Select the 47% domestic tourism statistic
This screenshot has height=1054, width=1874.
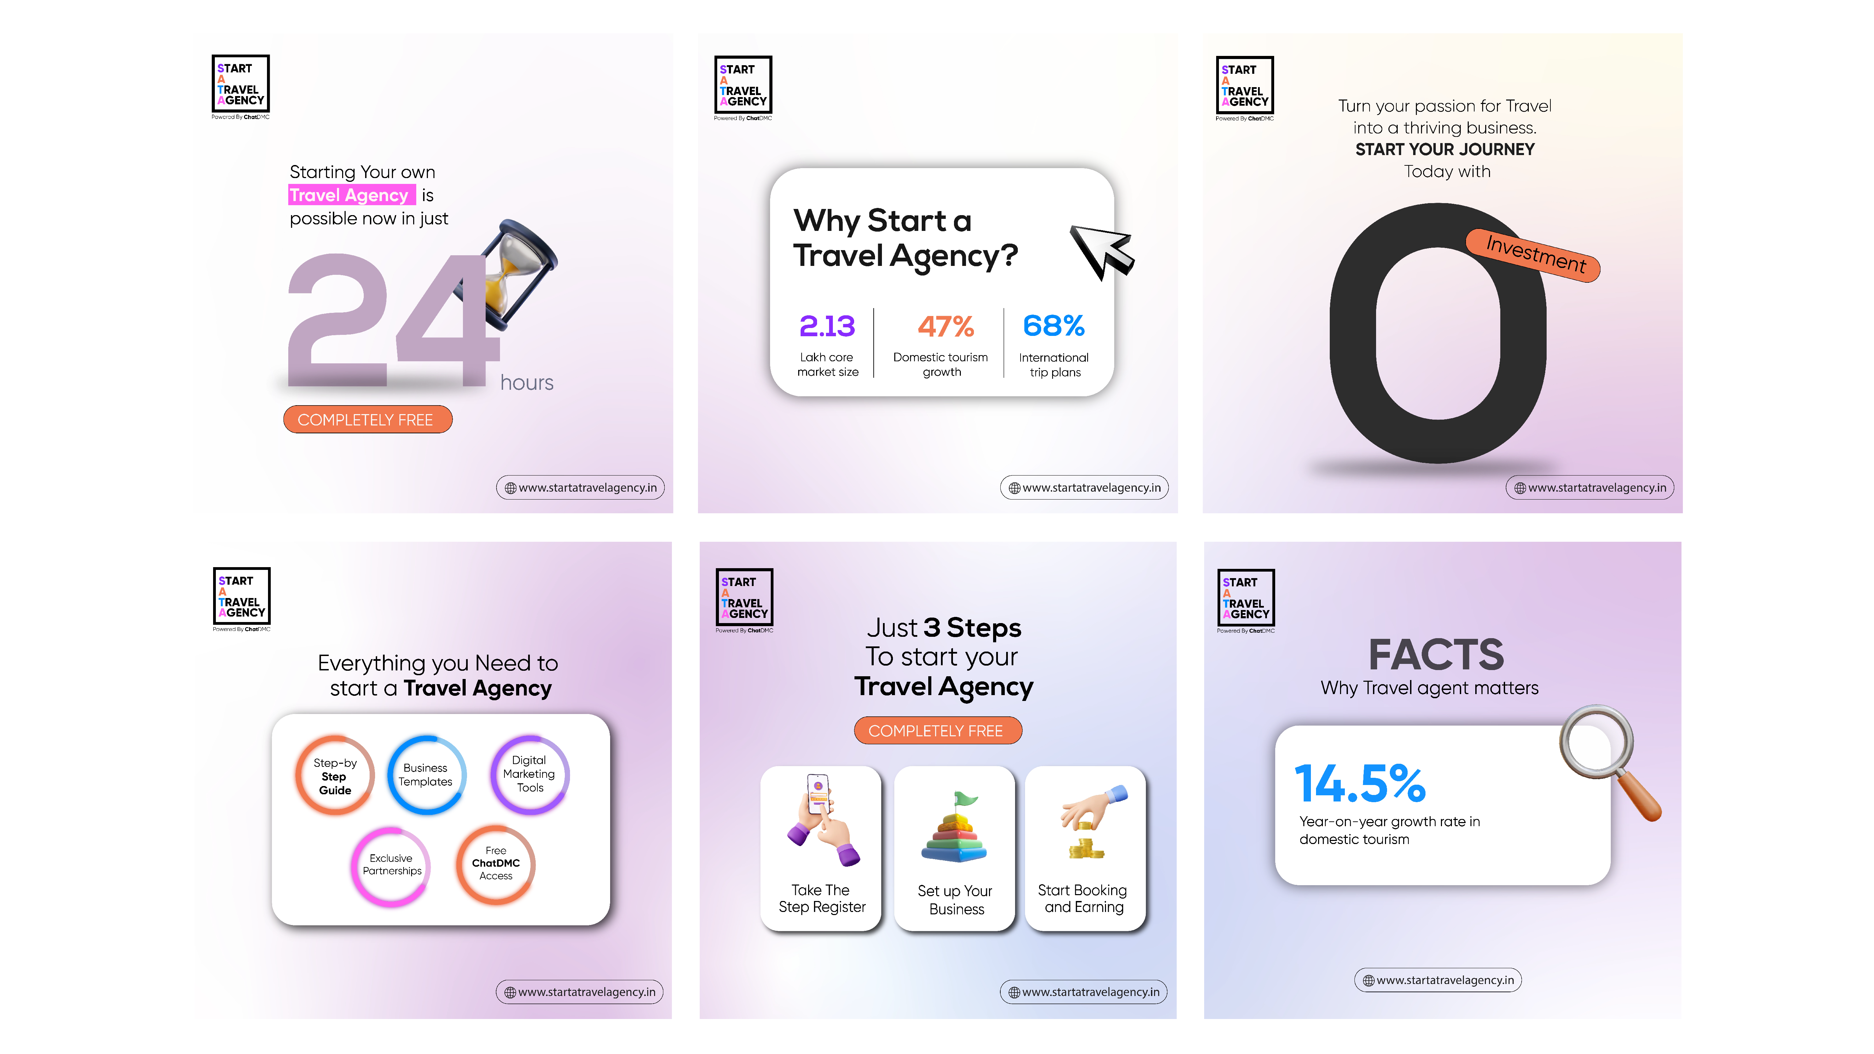click(x=945, y=327)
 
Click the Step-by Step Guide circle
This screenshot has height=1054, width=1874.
click(x=335, y=775)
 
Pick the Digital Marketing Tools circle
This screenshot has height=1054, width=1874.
click(x=529, y=774)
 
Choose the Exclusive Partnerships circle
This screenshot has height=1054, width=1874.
click(x=392, y=865)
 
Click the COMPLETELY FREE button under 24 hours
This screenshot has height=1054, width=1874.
click(x=368, y=420)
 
